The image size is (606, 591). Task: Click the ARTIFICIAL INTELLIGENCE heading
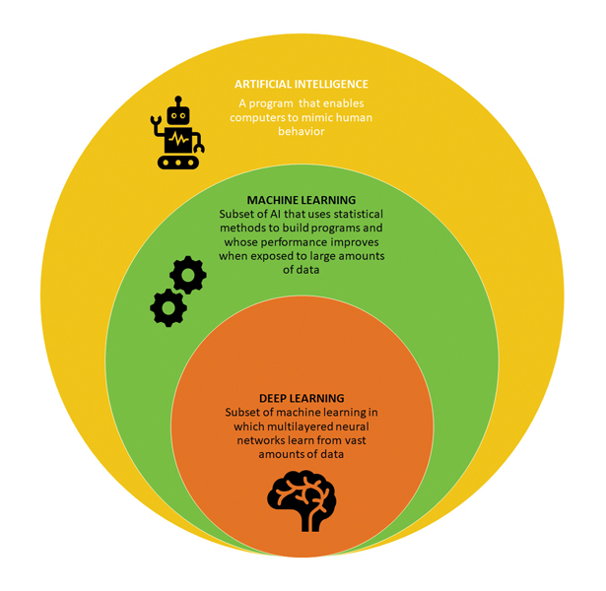click(x=302, y=84)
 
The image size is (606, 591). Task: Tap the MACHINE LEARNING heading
click(x=302, y=200)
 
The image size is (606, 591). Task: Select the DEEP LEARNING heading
click(x=302, y=398)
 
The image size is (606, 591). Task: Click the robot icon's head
click(x=178, y=115)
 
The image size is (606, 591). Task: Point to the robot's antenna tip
click(x=178, y=98)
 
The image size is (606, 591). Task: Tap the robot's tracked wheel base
click(x=178, y=163)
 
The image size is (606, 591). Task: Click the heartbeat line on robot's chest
click(x=178, y=139)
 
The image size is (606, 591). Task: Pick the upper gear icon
click(x=188, y=275)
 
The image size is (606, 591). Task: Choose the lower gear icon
click(x=168, y=308)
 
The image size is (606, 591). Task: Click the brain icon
click(x=302, y=500)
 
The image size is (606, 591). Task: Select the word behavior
click(x=302, y=131)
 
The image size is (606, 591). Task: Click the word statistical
click(x=359, y=214)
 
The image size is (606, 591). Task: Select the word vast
click(x=355, y=440)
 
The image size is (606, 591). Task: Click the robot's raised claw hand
click(x=156, y=120)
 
